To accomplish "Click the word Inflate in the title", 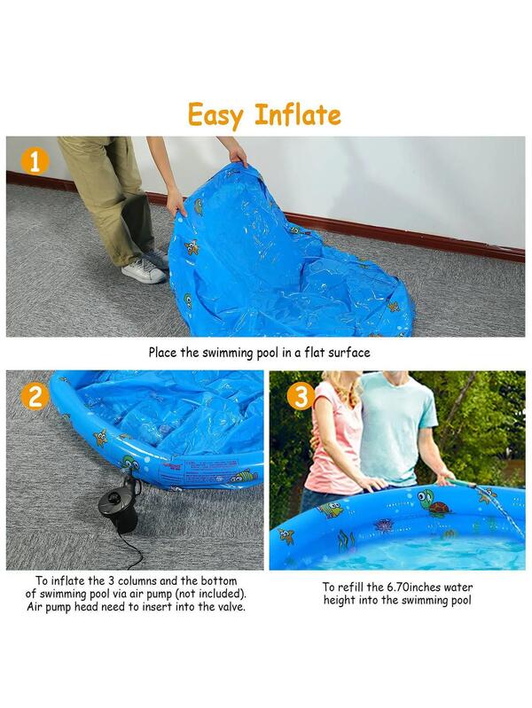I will pyautogui.click(x=298, y=114).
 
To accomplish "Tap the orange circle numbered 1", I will pyautogui.click(x=34, y=160).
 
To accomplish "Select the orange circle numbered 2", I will pyautogui.click(x=34, y=396).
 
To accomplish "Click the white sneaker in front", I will pyautogui.click(x=143, y=271).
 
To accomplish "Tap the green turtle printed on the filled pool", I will pyautogui.click(x=434, y=502).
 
